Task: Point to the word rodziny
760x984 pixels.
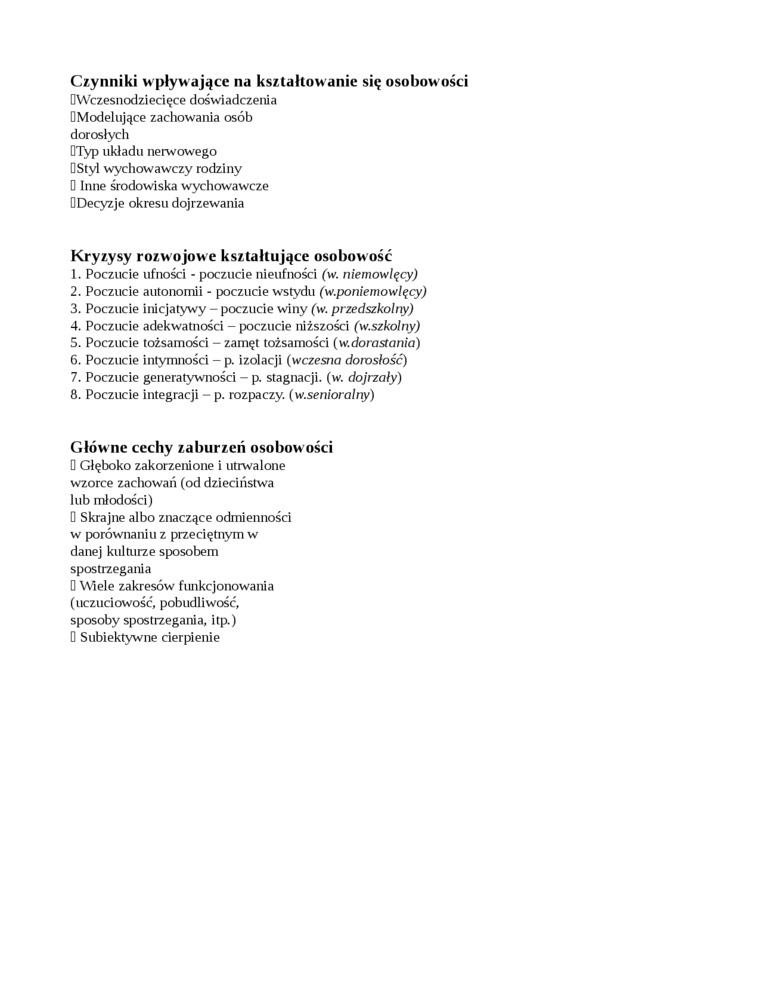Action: tap(219, 168)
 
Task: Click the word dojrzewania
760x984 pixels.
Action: tap(204, 203)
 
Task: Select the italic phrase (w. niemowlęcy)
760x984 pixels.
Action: tap(369, 273)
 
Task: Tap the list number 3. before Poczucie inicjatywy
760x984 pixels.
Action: tap(76, 308)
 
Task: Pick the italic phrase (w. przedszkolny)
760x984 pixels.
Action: tap(362, 308)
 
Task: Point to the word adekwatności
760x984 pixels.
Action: tap(178, 325)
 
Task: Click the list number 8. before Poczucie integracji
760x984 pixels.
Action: tap(76, 394)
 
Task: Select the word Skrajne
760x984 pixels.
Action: tap(105, 517)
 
